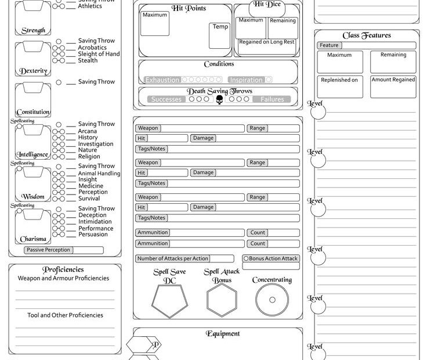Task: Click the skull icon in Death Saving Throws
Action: coord(219,99)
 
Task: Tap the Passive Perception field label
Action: coord(49,250)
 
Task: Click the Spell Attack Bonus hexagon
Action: coord(222,300)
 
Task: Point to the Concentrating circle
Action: coord(272,300)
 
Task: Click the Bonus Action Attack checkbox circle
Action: coord(246,258)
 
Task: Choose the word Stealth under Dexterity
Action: coord(88,60)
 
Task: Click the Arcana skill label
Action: coord(88,131)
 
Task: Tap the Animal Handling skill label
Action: coord(99,173)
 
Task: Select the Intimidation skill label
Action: coord(95,222)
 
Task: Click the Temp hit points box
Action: coord(220,35)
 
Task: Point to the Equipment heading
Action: coord(223,333)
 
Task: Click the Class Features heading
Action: coord(367,35)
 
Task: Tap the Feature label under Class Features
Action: coord(329,45)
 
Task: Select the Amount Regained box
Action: coord(393,86)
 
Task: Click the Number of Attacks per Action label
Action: coord(172,258)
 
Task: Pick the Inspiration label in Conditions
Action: coord(245,80)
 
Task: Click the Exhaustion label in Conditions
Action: coord(162,80)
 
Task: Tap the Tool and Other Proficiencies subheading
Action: coord(65,315)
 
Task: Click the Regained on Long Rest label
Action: coord(267,42)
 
